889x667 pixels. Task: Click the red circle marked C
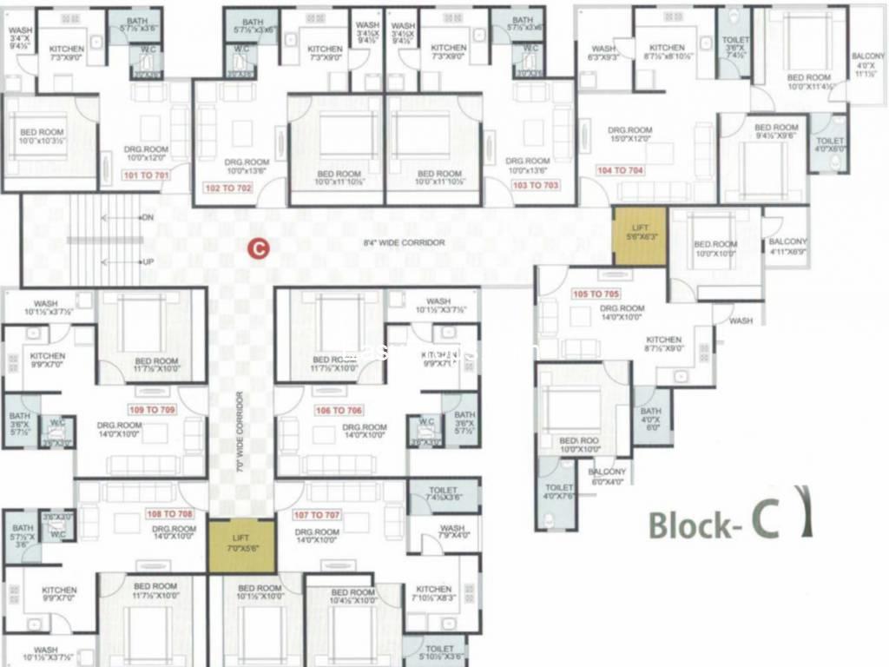pyautogui.click(x=258, y=248)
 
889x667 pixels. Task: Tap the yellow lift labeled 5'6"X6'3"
pyautogui.click(x=640, y=235)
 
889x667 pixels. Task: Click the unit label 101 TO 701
pyautogui.click(x=146, y=175)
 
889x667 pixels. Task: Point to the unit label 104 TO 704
pyautogui.click(x=621, y=170)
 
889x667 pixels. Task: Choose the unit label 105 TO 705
pyautogui.click(x=597, y=294)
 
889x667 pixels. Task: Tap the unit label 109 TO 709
pyautogui.click(x=153, y=409)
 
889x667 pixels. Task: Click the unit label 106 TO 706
pyautogui.click(x=339, y=410)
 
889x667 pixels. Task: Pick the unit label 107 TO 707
pyautogui.click(x=318, y=515)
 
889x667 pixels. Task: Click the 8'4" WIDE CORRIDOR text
pyautogui.click(x=404, y=243)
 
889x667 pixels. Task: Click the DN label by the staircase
pyautogui.click(x=148, y=218)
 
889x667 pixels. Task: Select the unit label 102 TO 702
pyautogui.click(x=227, y=187)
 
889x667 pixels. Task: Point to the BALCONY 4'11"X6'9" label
pyautogui.click(x=788, y=247)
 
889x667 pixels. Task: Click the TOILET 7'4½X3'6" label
pyautogui.click(x=443, y=495)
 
